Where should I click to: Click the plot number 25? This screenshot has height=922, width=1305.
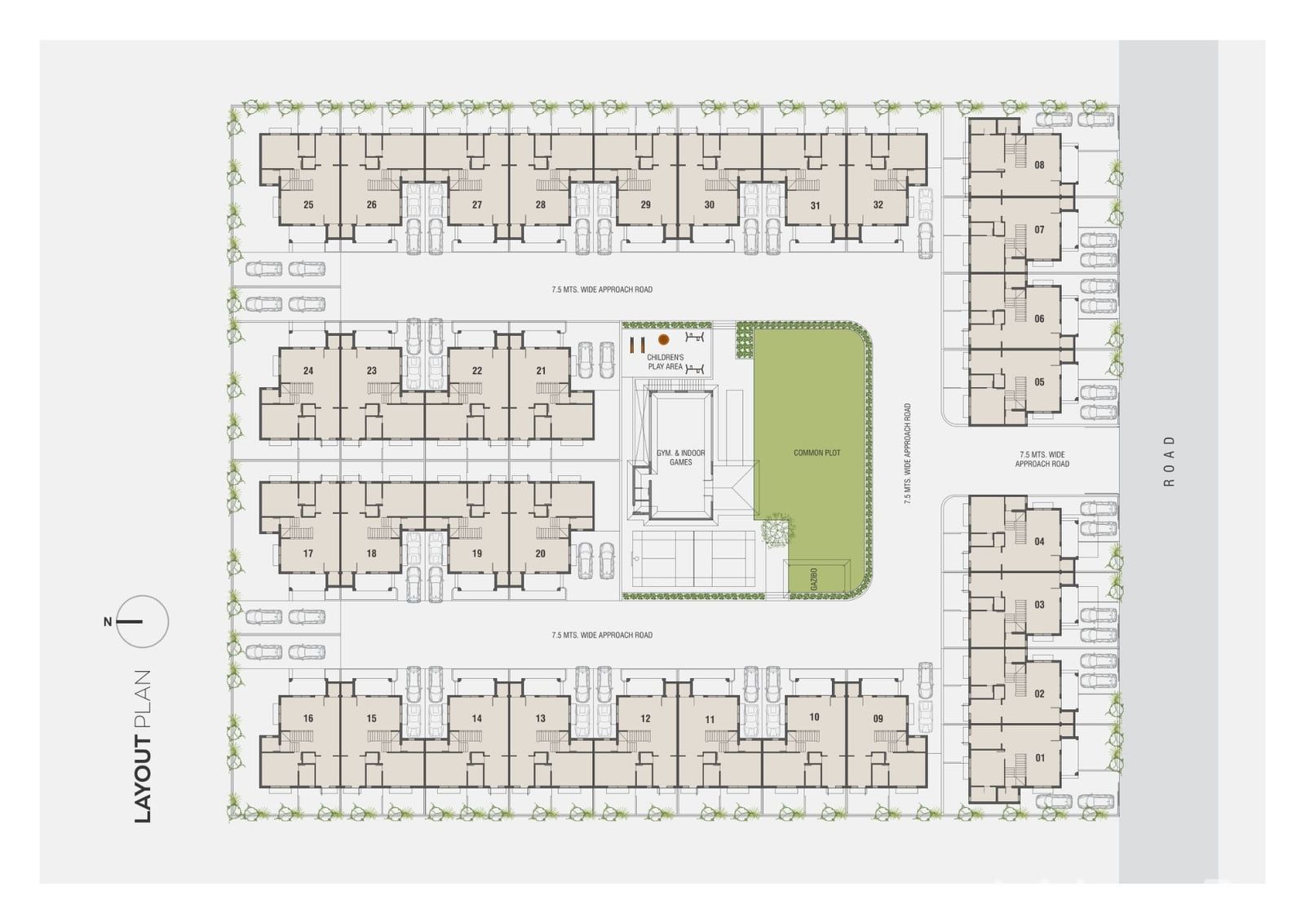pyautogui.click(x=308, y=205)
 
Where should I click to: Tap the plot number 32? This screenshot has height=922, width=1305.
pyautogui.click(x=878, y=205)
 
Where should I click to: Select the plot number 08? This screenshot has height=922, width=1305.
pyautogui.click(x=1039, y=165)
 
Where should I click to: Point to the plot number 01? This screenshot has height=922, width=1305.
pyautogui.click(x=1039, y=758)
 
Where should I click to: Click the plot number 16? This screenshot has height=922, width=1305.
pyautogui.click(x=308, y=718)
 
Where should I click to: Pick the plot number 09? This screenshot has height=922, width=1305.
pyautogui.click(x=878, y=718)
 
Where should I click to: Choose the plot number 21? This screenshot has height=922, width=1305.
pyautogui.click(x=541, y=370)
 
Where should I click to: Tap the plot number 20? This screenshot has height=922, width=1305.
pyautogui.click(x=541, y=554)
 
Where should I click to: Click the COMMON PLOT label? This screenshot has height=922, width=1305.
pyautogui.click(x=816, y=452)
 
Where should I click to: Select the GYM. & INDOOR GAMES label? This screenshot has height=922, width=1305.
pyautogui.click(x=680, y=457)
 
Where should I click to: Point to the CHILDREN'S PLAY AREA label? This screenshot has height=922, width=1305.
pyautogui.click(x=666, y=362)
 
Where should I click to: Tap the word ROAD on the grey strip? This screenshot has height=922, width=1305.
pyautogui.click(x=1169, y=461)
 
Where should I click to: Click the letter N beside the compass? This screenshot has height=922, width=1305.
pyautogui.click(x=107, y=622)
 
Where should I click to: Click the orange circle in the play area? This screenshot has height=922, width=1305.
pyautogui.click(x=664, y=339)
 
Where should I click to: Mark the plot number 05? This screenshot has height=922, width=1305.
pyautogui.click(x=1039, y=382)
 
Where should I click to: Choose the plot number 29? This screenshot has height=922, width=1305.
pyautogui.click(x=645, y=205)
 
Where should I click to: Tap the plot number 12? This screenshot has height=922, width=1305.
pyautogui.click(x=645, y=718)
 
